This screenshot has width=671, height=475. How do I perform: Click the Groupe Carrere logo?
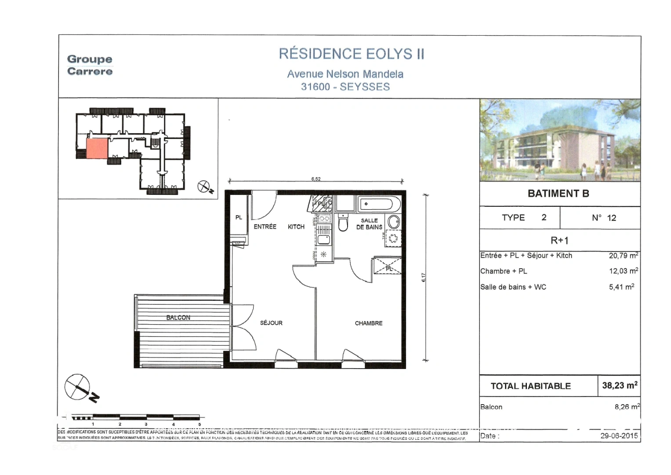click(90, 65)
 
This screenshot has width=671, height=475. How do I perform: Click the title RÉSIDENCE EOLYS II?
click(352, 54)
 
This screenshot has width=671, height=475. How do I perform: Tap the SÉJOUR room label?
click(271, 323)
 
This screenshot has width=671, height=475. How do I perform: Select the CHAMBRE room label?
click(368, 323)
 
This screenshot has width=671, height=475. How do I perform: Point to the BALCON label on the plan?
click(178, 318)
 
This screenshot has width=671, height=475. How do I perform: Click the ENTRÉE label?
click(265, 227)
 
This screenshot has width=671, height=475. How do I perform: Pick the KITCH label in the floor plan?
click(296, 227)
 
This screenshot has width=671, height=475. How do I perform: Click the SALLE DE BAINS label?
click(369, 224)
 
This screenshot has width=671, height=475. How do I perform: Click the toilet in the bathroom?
click(343, 223)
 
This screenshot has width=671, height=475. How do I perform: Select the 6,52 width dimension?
click(316, 179)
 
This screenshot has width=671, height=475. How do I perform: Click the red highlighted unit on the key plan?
click(97, 149)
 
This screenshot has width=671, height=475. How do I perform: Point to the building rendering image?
click(560, 140)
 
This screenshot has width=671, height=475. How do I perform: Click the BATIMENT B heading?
click(558, 194)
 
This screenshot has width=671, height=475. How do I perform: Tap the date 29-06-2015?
click(619, 436)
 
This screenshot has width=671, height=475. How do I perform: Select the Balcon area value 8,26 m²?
click(627, 407)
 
